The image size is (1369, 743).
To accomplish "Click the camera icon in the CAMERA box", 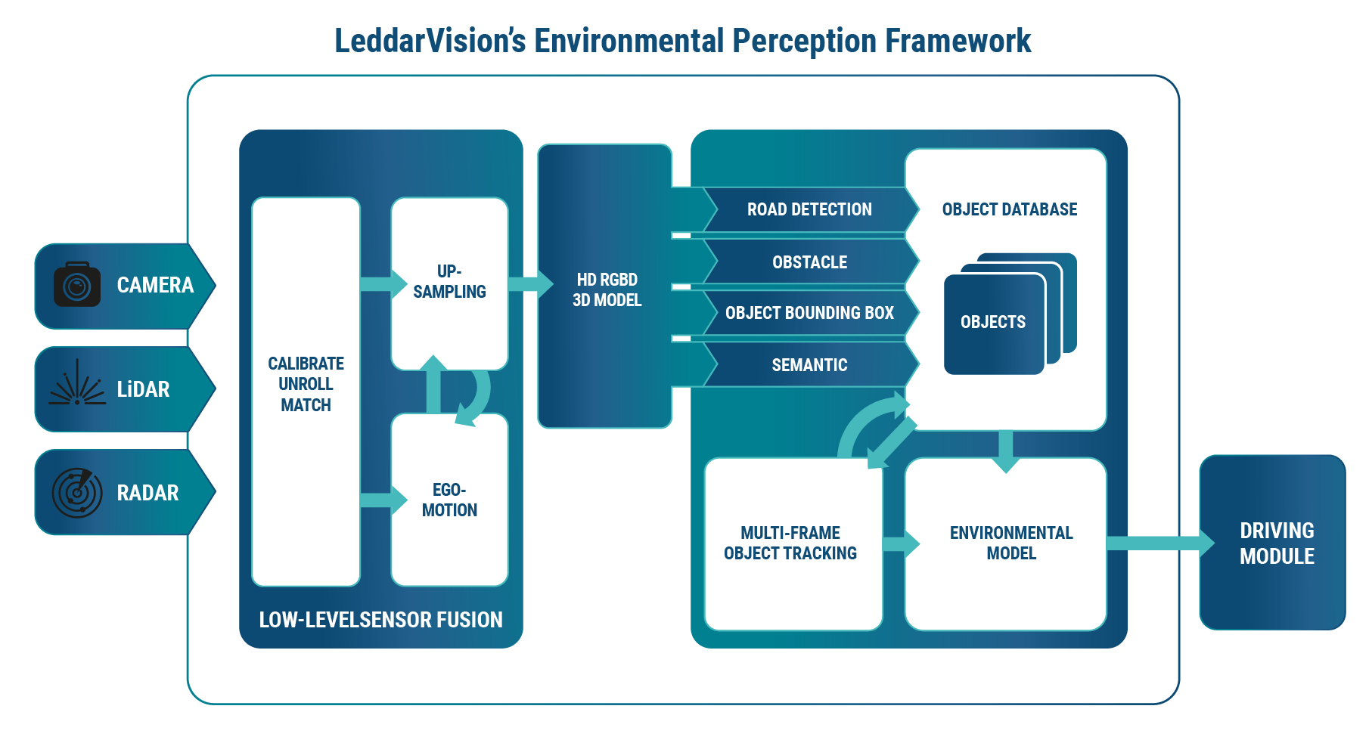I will pos(76,285).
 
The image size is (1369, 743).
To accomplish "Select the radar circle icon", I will pos(76,493).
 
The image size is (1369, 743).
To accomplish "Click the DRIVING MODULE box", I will pos(1273,543).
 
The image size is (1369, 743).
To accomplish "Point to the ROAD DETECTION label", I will pos(809,209).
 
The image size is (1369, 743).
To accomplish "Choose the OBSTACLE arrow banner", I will pos(809,262).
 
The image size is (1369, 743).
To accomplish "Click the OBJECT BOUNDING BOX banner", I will pos(809,313).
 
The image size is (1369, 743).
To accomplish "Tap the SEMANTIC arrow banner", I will pos(809,365).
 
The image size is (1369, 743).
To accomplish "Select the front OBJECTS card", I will pos(993,323).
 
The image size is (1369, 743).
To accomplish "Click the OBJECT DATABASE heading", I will pos(1009,209).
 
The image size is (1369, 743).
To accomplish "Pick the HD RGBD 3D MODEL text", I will pos(607,289).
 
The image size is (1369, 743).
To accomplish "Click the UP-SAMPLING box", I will pos(449,282).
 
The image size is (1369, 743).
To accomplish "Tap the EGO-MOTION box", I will pos(449,500).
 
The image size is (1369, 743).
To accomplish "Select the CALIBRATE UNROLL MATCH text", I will pos(306,384).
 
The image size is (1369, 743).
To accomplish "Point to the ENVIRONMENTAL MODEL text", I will pos(1011,543).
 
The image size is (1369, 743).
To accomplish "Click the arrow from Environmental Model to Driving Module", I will pos(1157,543).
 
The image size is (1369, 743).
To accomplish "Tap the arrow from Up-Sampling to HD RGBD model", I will pos(529,283).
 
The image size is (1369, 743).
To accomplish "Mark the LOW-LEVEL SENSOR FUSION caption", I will pos(380,620).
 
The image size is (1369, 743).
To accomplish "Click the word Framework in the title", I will pos(958,41).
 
